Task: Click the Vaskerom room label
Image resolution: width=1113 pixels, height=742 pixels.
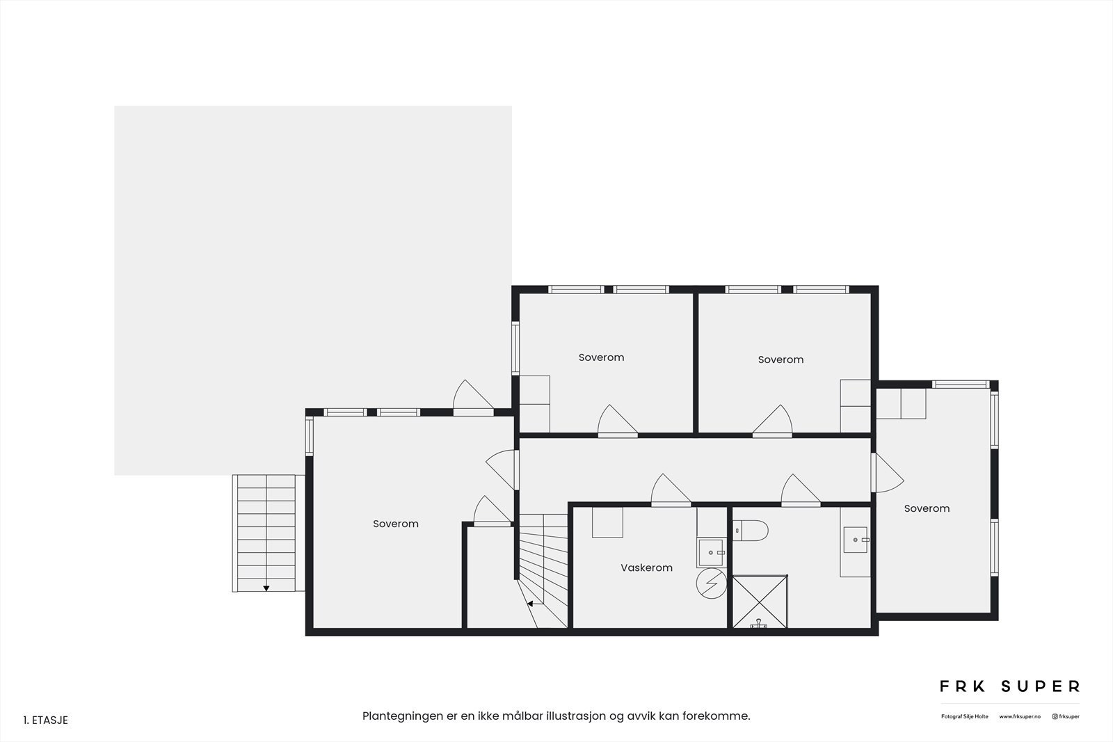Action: [x=646, y=567]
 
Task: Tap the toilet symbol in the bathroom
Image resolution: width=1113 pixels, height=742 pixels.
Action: [x=751, y=531]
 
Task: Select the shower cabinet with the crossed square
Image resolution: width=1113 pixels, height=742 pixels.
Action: [x=759, y=602]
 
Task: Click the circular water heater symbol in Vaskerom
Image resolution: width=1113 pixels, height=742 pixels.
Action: [x=711, y=583]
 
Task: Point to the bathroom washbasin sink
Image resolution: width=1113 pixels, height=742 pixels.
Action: [x=855, y=540]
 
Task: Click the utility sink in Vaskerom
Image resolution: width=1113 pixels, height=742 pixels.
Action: [x=711, y=552]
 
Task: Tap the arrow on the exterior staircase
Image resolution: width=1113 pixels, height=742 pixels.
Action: [x=266, y=588]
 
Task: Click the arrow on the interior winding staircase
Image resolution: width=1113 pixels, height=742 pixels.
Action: [x=530, y=604]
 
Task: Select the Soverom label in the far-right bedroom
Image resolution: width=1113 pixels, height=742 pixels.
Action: [x=927, y=508]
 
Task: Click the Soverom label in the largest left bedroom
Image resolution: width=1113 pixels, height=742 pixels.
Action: [x=395, y=524]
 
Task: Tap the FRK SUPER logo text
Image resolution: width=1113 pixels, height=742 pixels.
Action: [x=1009, y=686]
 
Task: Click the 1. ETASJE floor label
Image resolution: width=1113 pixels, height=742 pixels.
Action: [x=46, y=720]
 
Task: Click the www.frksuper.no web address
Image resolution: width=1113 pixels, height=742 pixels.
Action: [x=1020, y=716]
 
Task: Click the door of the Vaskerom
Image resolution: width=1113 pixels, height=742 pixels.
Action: [x=671, y=492]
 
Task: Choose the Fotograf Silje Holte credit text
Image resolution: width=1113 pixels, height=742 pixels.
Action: [x=964, y=716]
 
